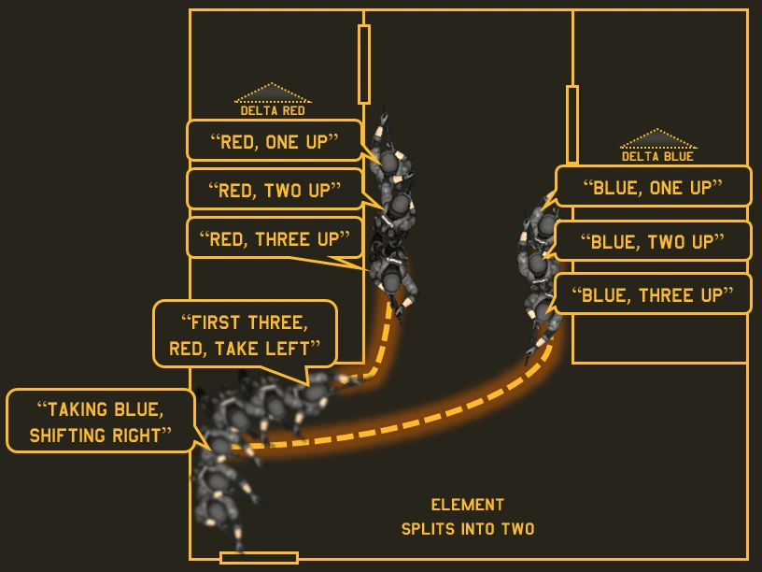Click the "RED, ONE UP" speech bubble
click(x=274, y=140)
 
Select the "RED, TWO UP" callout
click(x=274, y=190)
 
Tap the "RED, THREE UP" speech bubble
click(x=274, y=239)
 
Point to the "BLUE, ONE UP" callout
click(x=653, y=187)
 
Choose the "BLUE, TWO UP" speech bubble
click(x=653, y=241)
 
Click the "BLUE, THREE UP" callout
click(x=653, y=294)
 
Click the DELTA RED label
click(x=273, y=110)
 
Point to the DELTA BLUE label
click(x=657, y=156)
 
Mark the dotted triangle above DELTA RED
click(x=273, y=93)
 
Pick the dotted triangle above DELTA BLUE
click(x=657, y=139)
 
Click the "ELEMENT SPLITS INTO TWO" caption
click(x=468, y=517)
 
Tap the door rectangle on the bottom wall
click(x=259, y=558)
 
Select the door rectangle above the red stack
click(x=364, y=64)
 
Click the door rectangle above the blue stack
click(x=572, y=124)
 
